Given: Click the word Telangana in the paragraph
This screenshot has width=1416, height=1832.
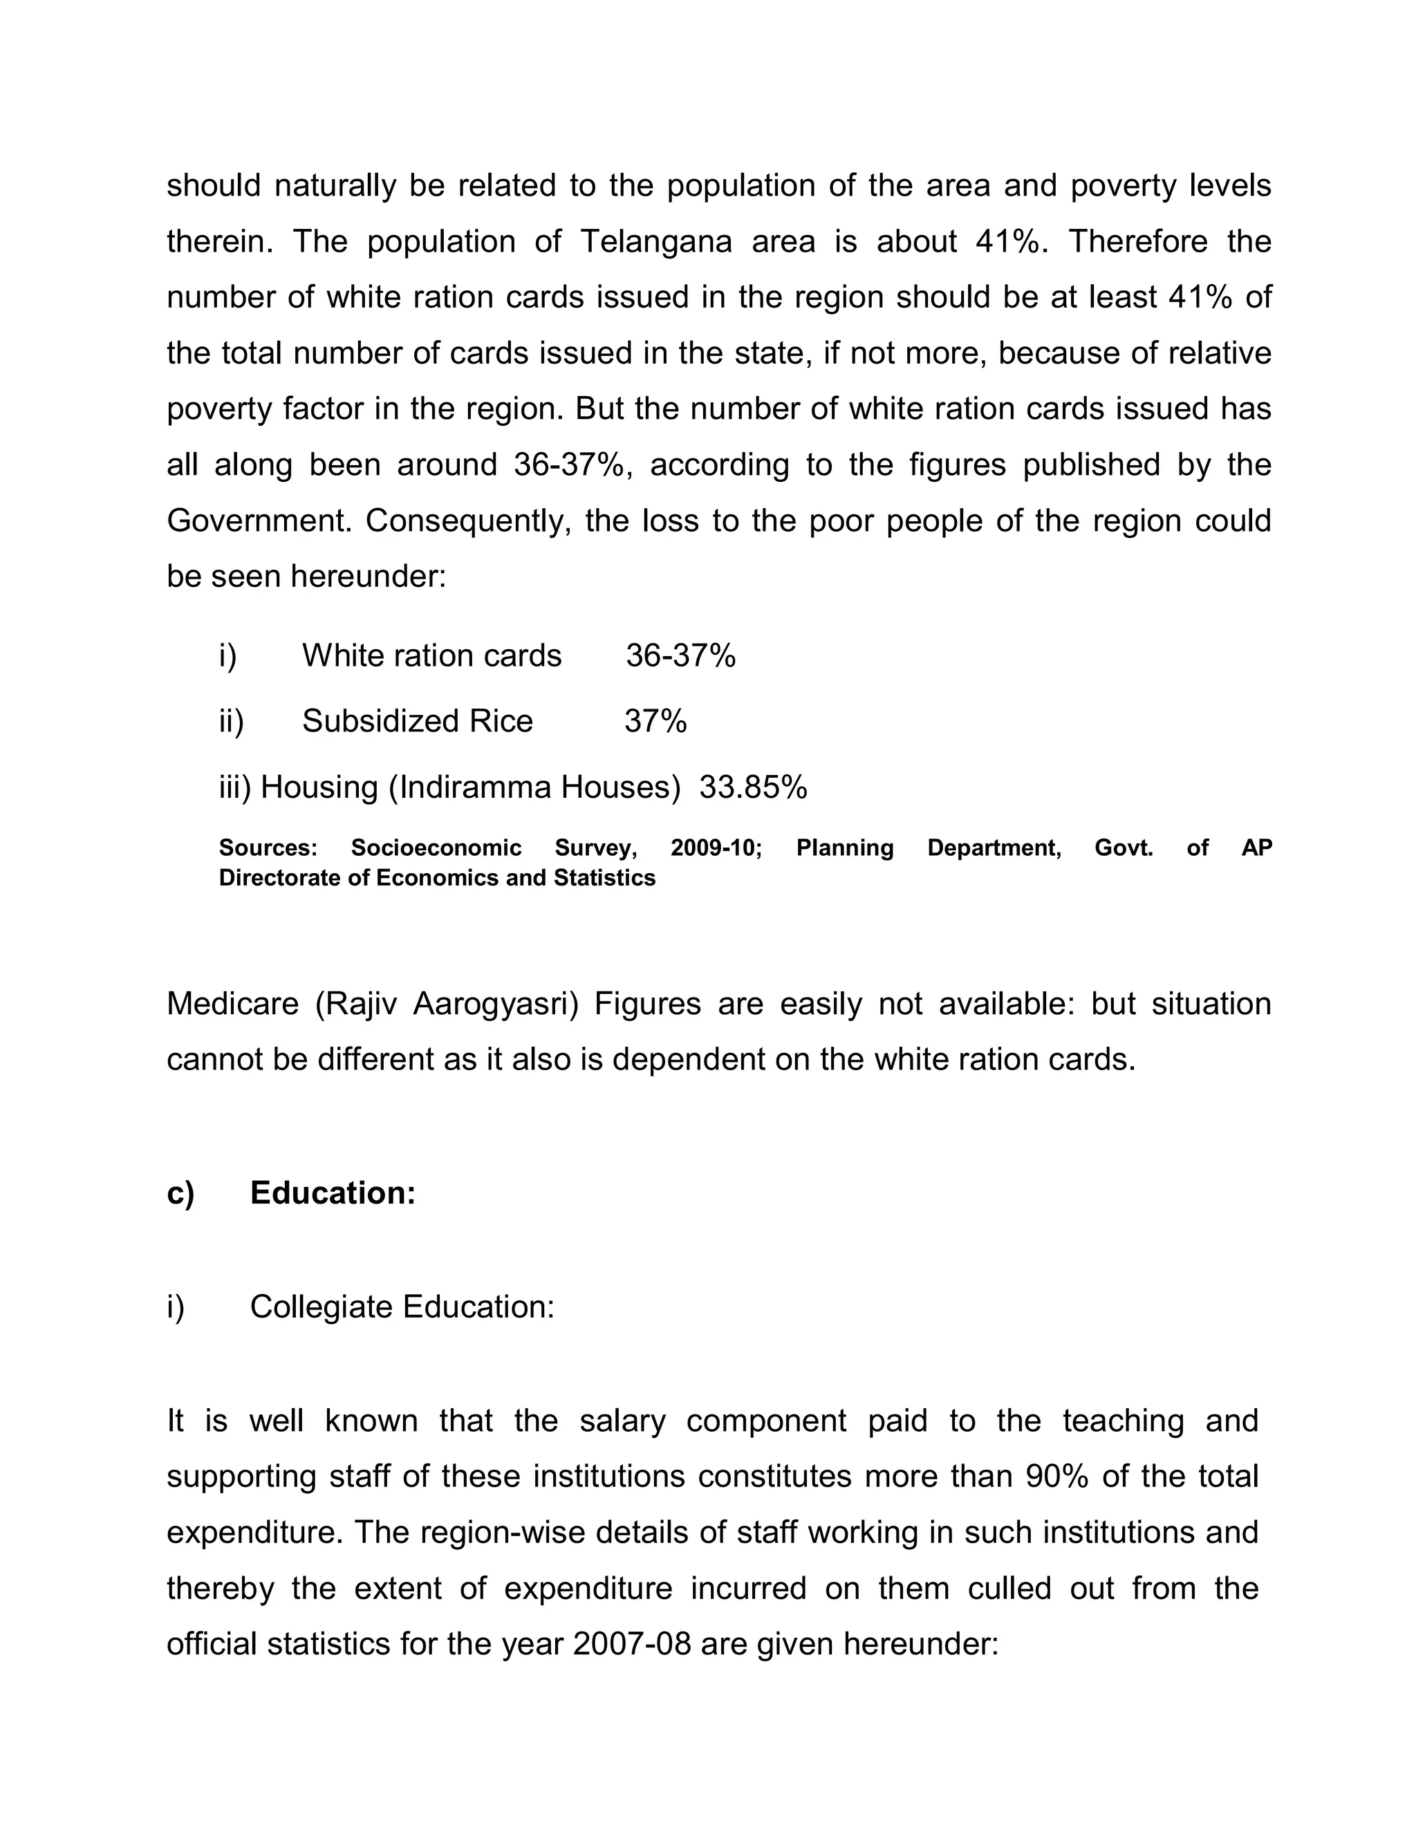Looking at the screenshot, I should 655,241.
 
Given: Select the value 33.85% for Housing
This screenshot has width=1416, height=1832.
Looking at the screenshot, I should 752,787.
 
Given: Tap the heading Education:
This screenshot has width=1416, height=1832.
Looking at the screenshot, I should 332,1193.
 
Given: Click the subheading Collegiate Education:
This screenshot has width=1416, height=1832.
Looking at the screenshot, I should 402,1306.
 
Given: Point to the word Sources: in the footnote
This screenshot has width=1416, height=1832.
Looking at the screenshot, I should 268,848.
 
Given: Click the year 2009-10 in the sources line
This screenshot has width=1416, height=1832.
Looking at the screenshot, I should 716,848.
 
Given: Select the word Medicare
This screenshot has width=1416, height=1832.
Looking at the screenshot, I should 232,1003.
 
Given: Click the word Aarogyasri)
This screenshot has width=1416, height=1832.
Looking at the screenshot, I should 495,1003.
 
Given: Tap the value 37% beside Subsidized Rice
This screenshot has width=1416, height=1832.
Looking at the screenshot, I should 655,720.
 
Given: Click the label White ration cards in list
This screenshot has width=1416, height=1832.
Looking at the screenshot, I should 431,655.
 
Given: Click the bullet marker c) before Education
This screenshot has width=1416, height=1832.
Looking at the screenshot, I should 180,1193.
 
